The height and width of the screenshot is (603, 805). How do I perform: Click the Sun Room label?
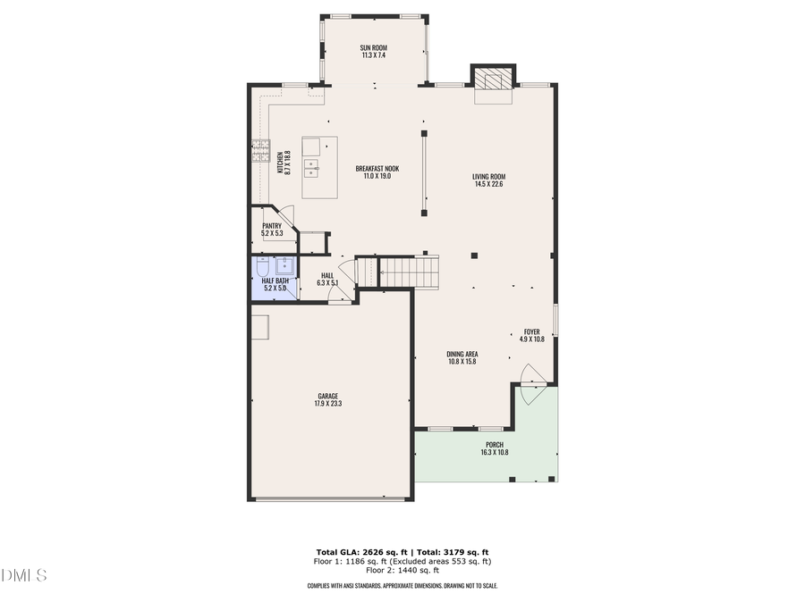[373, 47]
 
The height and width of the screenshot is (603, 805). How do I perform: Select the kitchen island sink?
[311, 165]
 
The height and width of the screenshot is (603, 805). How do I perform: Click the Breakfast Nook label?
[377, 169]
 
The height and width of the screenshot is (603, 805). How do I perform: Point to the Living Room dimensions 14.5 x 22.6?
[489, 184]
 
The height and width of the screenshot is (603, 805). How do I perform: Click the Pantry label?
[272, 225]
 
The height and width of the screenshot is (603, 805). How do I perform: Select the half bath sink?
[285, 265]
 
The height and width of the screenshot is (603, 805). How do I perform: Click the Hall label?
[327, 275]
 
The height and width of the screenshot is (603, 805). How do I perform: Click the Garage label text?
[327, 396]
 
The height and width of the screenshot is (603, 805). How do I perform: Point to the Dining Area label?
[462, 354]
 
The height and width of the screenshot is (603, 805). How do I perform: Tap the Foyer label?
[531, 331]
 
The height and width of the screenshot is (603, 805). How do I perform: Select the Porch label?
[494, 445]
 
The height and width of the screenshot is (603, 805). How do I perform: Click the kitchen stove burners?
[260, 150]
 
